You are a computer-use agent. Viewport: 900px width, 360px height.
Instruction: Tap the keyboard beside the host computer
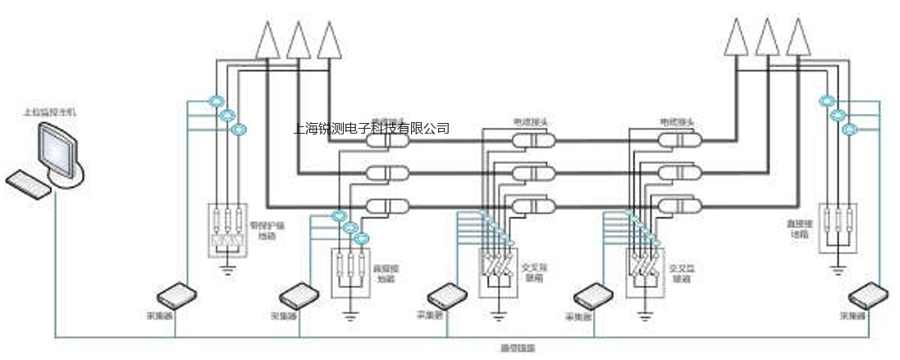pos(30,183)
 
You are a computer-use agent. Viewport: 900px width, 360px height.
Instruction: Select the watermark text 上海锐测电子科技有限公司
pos(371,129)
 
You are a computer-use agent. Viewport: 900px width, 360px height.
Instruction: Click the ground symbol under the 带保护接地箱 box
pos(226,267)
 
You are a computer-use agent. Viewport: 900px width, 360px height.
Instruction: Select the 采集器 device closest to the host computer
pos(175,294)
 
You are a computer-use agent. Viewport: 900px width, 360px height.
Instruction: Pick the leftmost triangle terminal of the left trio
pos(267,40)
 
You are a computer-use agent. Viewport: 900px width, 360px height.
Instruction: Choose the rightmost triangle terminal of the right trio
pos(797,38)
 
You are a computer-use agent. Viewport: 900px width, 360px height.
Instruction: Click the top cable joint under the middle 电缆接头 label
pos(533,141)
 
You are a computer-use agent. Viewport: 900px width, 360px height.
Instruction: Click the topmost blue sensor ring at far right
pos(826,102)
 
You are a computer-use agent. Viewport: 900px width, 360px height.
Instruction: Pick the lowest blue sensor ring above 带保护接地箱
pos(239,129)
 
